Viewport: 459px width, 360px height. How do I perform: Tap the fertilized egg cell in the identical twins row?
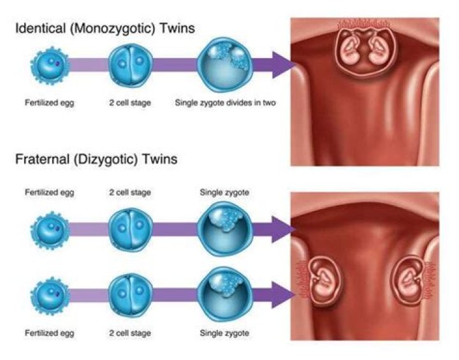(49, 65)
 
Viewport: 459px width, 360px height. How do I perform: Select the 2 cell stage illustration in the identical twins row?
(130, 65)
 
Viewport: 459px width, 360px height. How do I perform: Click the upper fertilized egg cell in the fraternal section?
(49, 229)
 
